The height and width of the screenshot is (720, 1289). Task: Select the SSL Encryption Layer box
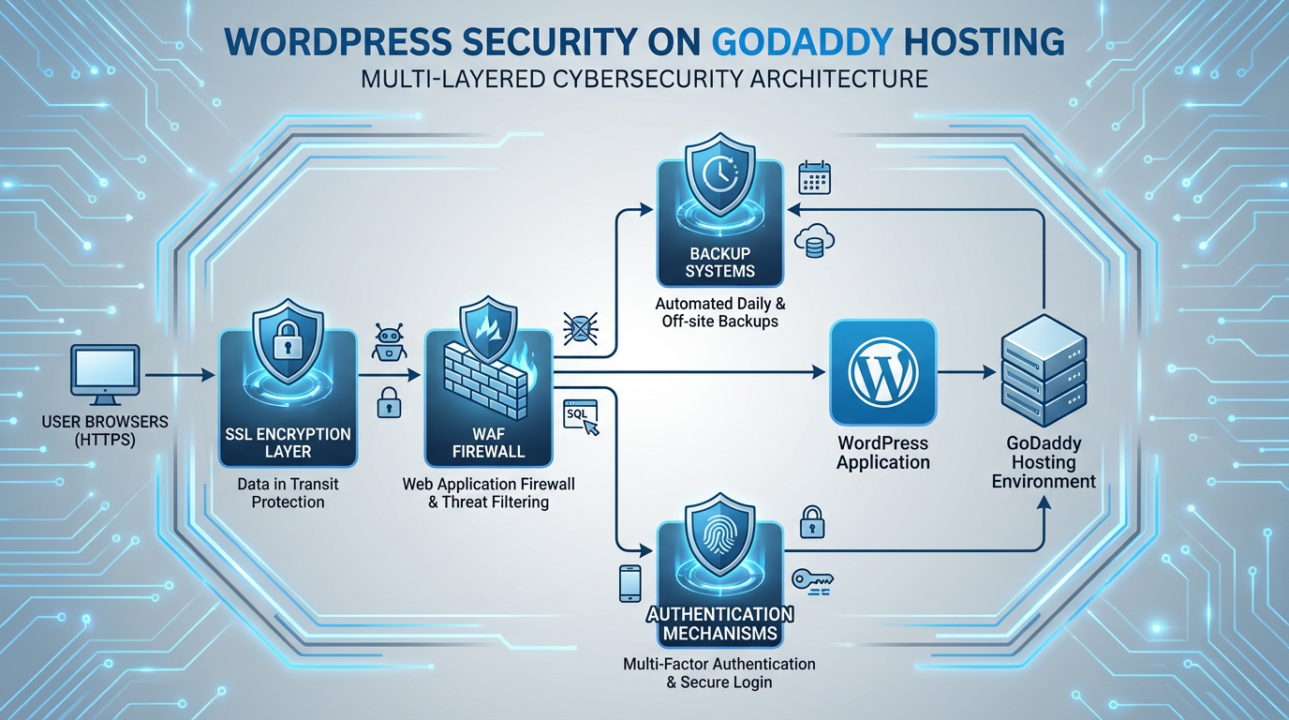[x=288, y=397]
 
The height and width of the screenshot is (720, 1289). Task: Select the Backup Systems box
[x=719, y=223]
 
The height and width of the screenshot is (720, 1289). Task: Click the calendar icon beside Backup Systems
[x=814, y=178]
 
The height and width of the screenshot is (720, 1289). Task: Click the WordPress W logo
[x=882, y=372]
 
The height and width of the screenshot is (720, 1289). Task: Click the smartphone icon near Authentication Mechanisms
[x=630, y=583]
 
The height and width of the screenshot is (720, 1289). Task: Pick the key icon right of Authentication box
[x=812, y=579]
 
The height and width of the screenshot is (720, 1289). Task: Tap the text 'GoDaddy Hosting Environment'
[x=1044, y=462]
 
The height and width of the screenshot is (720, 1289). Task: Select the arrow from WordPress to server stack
[x=966, y=372]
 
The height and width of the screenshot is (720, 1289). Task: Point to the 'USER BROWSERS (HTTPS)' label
[x=105, y=430]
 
